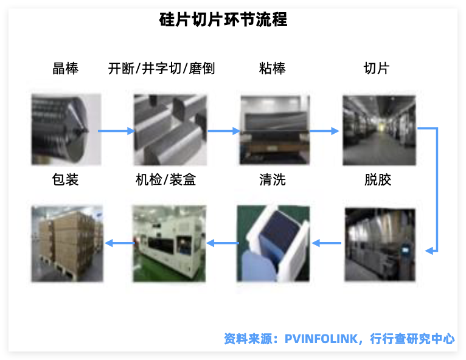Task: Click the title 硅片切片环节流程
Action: [x=223, y=19]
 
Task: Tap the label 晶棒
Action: [x=65, y=68]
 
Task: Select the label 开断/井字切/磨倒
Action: [x=161, y=68]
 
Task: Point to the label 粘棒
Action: [x=272, y=68]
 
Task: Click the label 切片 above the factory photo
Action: [x=377, y=68]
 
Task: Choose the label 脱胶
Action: [x=378, y=180]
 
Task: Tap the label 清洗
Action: [x=273, y=180]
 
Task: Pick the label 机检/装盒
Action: [x=165, y=180]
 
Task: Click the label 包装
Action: [x=65, y=180]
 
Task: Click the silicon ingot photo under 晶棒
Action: [x=66, y=129]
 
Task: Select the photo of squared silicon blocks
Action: [x=170, y=130]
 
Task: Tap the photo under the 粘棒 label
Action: [x=275, y=130]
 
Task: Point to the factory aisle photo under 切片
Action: [x=379, y=130]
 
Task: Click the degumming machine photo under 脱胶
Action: [x=380, y=244]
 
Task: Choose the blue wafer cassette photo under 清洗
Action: [x=273, y=243]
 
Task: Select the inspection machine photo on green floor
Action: [x=169, y=244]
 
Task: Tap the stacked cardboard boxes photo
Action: [x=67, y=244]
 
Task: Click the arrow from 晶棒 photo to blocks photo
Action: [x=117, y=131]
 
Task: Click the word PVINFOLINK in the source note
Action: [x=321, y=339]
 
